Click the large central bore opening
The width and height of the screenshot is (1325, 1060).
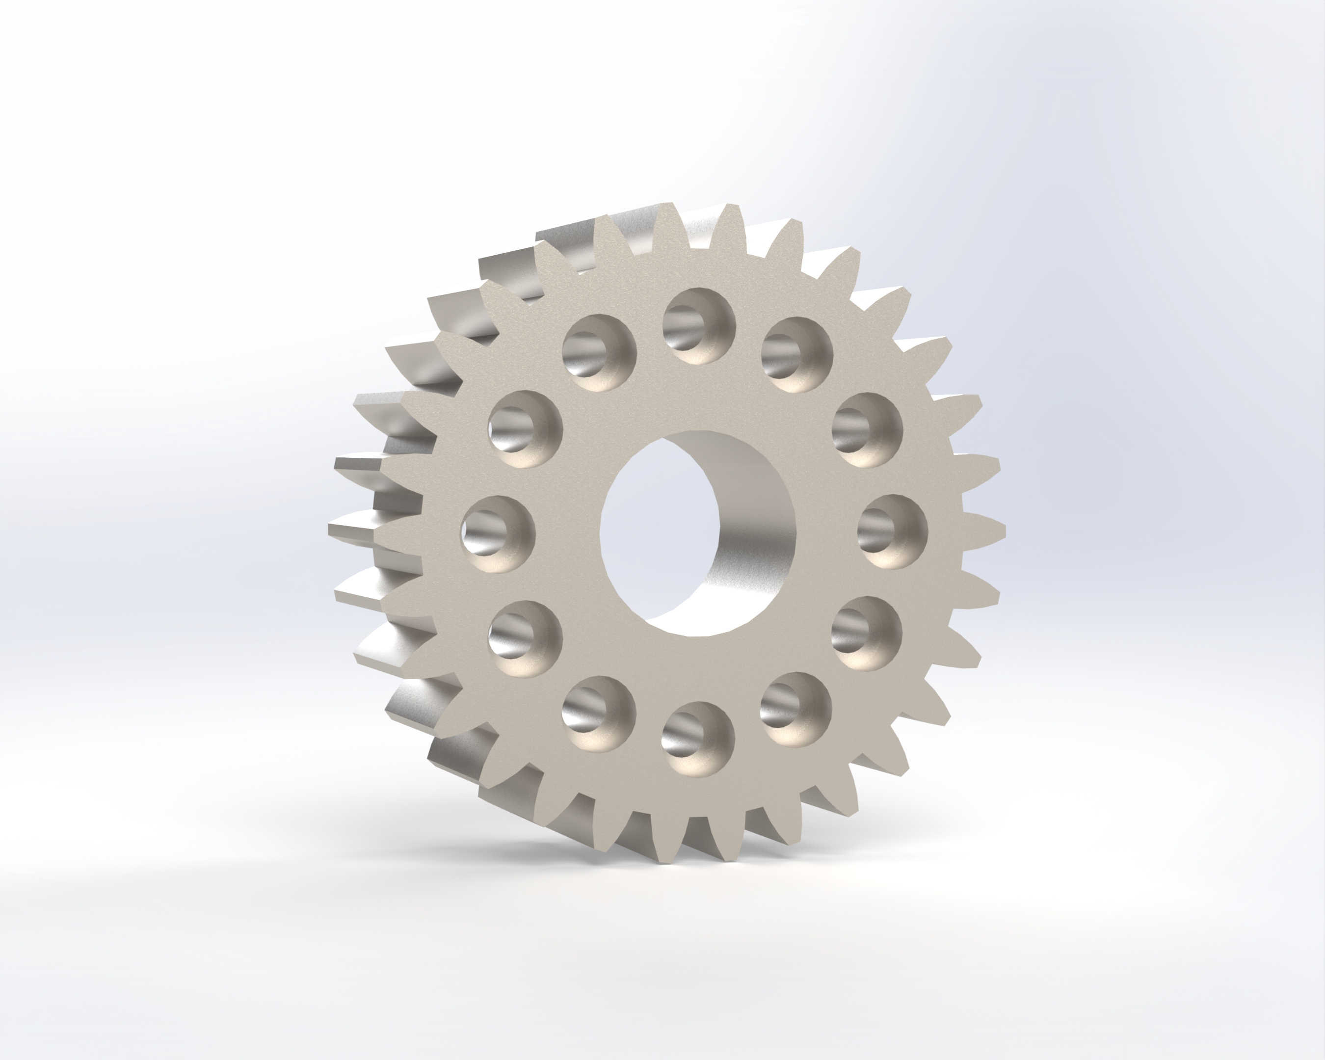(658, 531)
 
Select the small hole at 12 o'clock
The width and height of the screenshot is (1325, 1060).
(699, 326)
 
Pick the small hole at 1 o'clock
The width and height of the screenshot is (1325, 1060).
(797, 355)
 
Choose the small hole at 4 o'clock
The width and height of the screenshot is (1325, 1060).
(867, 633)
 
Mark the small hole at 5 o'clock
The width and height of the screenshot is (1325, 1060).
(796, 709)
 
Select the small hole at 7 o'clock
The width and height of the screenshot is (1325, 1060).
(599, 713)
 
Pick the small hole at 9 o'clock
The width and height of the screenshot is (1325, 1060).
(498, 534)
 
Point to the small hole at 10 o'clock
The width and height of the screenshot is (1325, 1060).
(526, 429)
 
